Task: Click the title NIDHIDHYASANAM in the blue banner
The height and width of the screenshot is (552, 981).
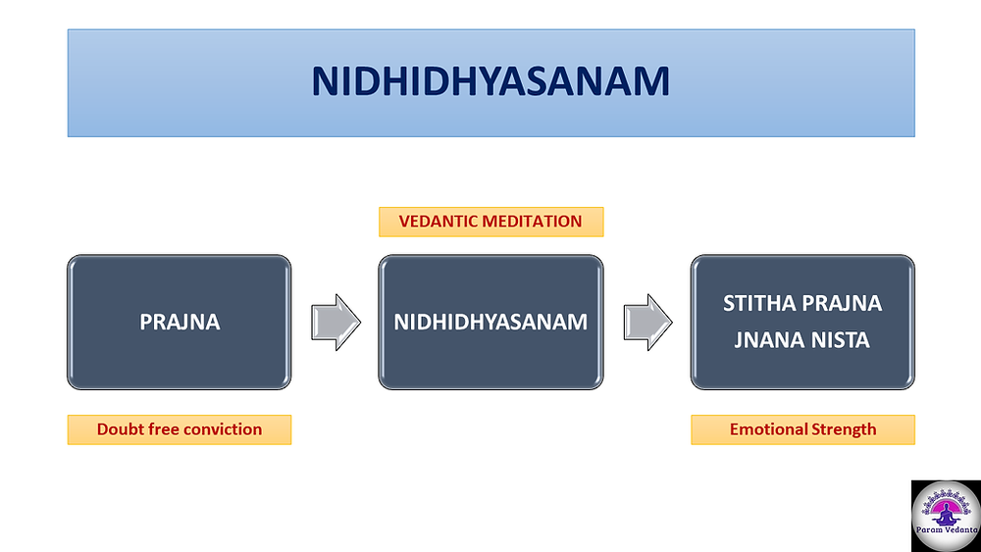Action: tap(490, 82)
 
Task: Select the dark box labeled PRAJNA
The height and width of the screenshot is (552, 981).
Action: tap(179, 322)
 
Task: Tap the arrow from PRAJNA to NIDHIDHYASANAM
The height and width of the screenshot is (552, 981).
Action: tap(336, 322)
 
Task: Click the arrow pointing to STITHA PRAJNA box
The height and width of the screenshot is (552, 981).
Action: tap(647, 322)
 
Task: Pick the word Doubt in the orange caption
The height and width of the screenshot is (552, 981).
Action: tap(118, 429)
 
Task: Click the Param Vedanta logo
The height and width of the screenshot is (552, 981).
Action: tap(946, 516)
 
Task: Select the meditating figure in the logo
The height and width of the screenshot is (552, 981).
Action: tap(946, 513)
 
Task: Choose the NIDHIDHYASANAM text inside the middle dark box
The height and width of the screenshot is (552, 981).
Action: tap(490, 322)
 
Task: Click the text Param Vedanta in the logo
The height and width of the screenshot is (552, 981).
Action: tap(947, 530)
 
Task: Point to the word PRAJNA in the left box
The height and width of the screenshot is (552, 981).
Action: tap(180, 322)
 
